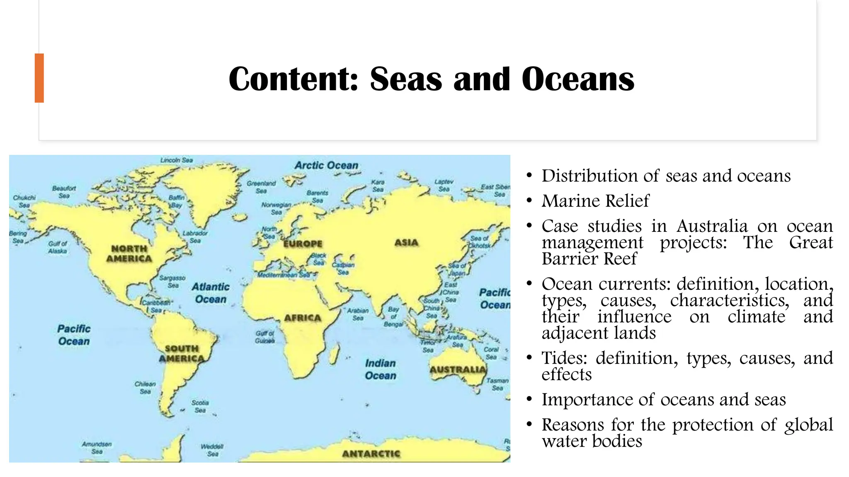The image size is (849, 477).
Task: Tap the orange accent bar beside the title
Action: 39,78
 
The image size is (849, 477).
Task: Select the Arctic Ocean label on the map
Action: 326,165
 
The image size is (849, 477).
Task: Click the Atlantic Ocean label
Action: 211,293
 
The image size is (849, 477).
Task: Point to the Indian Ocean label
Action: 381,369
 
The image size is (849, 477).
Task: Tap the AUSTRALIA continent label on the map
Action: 458,369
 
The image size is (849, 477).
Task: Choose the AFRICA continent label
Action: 303,318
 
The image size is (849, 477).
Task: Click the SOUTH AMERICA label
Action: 182,354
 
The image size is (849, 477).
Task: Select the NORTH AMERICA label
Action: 129,253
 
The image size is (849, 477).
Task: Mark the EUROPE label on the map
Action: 303,243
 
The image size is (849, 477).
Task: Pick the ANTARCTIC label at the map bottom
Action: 371,454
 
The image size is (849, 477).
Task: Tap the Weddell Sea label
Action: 212,450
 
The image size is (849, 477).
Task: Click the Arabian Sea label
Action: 358,314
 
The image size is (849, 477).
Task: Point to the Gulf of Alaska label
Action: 57,247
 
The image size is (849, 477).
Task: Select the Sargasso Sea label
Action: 172,282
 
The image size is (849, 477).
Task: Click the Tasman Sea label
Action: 497,384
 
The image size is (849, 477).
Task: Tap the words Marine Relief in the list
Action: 595,201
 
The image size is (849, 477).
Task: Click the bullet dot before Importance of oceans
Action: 529,400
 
